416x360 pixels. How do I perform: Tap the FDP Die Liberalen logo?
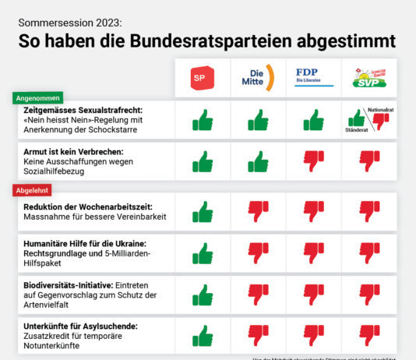[x=312, y=76]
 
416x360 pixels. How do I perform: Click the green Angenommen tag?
[x=38, y=99]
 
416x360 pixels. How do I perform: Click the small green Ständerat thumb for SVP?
[x=357, y=118]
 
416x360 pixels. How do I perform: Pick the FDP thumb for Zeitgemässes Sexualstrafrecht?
[x=312, y=120]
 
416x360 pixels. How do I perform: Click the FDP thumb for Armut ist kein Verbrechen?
[x=312, y=161]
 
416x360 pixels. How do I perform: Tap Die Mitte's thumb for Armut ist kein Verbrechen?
[x=257, y=161]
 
